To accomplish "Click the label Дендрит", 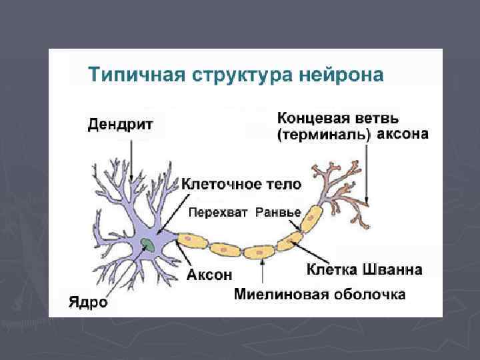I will coord(121,123).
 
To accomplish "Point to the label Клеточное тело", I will coord(242,183).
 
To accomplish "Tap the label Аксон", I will coord(209,274).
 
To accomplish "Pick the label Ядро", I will coord(89,302).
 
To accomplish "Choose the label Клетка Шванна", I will coord(364,269).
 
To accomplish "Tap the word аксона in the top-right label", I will coord(403,134).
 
